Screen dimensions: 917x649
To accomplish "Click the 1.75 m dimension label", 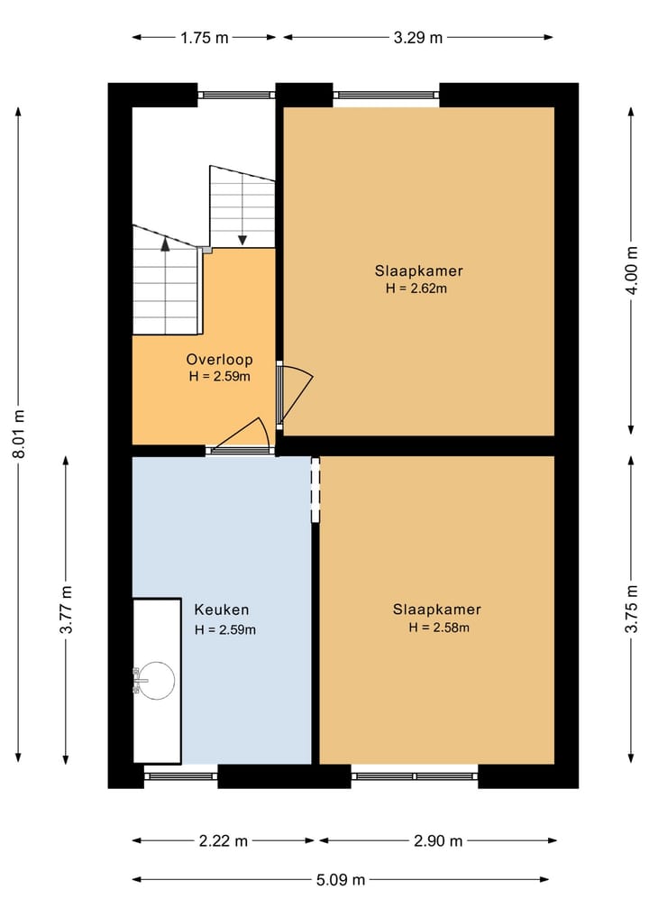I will pos(205,37).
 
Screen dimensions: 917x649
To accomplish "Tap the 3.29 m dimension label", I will pos(418,37).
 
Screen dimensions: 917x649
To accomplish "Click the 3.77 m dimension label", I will pos(66,610).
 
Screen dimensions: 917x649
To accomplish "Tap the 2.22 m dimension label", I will pos(223,841).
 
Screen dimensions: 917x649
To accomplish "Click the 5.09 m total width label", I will pos(340,879).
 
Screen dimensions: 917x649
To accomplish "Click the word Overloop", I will pos(220,359).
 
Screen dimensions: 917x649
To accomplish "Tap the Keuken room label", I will pos(222,610).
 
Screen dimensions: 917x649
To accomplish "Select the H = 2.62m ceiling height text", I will pos(416,289).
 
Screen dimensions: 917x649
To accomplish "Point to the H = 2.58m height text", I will pos(439,628).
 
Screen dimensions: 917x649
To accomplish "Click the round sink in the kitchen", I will pos(156,680).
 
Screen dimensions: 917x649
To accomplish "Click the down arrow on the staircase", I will pos(242,239).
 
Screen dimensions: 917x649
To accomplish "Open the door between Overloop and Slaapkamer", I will pos(293,394).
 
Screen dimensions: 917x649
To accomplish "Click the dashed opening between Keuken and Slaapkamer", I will pos(315,490).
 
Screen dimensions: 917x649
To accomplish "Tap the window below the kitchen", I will pos(180,775).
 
